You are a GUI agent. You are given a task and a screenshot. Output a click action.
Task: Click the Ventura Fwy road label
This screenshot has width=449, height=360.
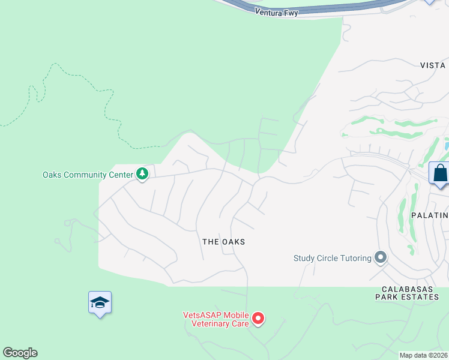[x=276, y=11]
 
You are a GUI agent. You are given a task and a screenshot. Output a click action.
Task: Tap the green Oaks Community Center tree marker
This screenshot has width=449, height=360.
[x=142, y=175]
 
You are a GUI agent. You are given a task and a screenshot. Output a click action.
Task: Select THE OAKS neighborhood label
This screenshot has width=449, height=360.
[x=223, y=242]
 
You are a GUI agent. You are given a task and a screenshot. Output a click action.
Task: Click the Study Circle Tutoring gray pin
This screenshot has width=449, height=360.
[x=380, y=258]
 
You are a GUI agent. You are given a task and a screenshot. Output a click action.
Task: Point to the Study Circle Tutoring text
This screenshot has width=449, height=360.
[x=332, y=259]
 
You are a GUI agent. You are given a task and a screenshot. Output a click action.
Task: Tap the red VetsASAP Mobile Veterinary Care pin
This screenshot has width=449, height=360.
[x=258, y=319]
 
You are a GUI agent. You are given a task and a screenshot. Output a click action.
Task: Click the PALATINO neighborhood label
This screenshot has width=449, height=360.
[x=430, y=215]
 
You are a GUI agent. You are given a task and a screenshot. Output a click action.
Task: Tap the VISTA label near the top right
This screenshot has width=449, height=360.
[x=433, y=65]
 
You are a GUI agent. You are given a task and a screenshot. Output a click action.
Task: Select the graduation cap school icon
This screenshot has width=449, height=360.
[x=100, y=302]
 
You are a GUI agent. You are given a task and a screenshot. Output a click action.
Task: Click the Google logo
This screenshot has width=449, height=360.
[x=20, y=353]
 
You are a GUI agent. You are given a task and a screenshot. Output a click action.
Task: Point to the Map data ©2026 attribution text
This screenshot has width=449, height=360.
[x=424, y=355]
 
